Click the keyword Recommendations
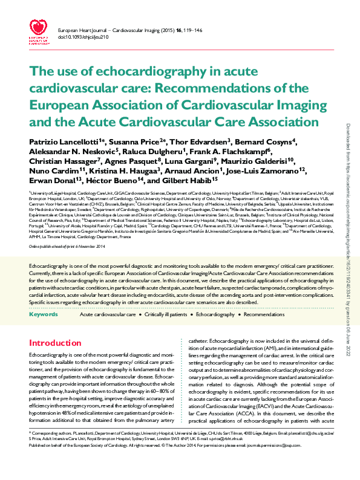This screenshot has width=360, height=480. click(x=264, y=315)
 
